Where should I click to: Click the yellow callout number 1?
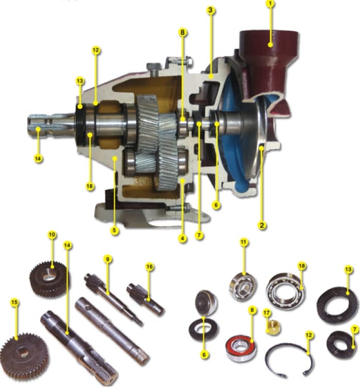coord(270,4)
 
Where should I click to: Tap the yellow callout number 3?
coord(210,10)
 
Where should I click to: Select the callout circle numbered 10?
coord(52,234)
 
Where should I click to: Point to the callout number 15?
coord(14,302)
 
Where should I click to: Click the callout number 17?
coord(266,313)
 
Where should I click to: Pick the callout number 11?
coord(244,242)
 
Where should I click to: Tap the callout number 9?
coord(107,259)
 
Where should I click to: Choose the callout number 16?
coord(150,267)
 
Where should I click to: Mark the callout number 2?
coord(262,225)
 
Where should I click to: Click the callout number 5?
coord(114,231)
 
